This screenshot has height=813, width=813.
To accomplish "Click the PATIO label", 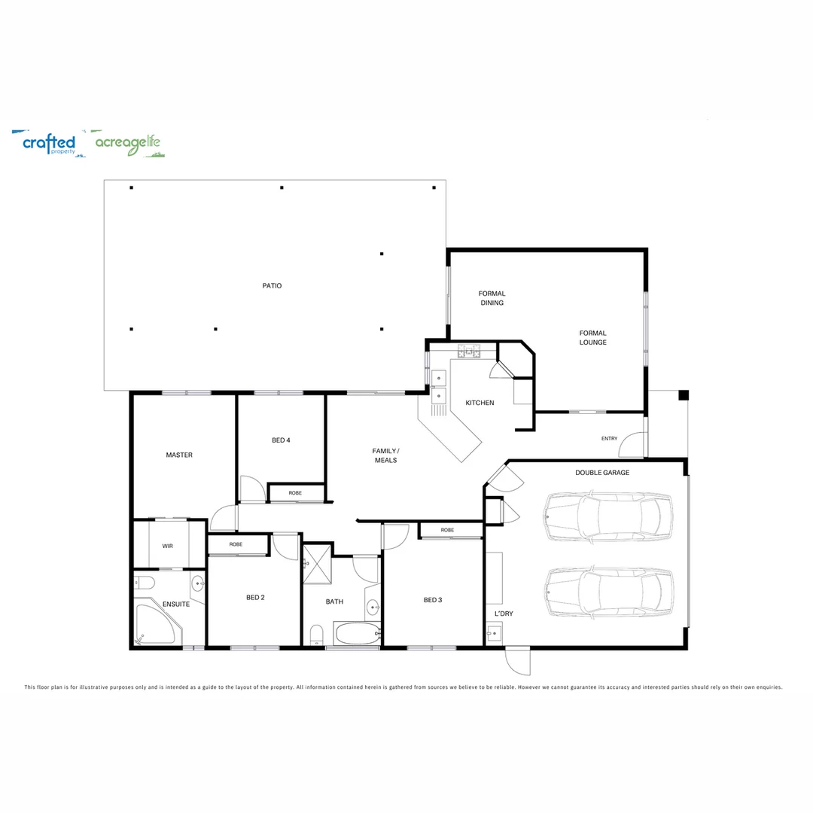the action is click(x=272, y=286).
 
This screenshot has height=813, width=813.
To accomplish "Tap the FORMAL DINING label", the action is click(x=492, y=298).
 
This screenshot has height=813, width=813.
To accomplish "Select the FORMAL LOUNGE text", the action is click(x=592, y=337).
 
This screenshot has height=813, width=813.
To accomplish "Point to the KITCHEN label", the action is click(x=480, y=403).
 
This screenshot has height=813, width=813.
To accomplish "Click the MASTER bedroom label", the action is click(x=179, y=455).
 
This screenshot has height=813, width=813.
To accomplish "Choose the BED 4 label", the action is click(x=281, y=440).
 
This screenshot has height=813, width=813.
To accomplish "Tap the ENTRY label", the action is click(x=609, y=439).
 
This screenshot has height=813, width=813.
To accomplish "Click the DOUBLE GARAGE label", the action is click(x=602, y=472).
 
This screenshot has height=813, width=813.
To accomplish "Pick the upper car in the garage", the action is click(x=607, y=516).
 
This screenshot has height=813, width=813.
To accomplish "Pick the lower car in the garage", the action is click(x=609, y=592).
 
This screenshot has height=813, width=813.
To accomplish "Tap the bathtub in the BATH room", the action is click(x=358, y=633).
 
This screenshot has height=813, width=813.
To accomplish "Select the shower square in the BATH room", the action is click(x=318, y=564).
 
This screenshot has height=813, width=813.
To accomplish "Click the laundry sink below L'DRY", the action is click(x=494, y=633).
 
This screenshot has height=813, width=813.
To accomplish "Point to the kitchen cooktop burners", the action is click(x=469, y=352).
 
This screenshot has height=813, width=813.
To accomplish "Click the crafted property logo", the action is click(x=49, y=143).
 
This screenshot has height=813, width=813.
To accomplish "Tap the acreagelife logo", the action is click(x=128, y=143).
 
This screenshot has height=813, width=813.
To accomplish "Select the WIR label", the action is click(x=167, y=546).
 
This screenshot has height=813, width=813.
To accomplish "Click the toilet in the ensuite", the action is click(x=145, y=583).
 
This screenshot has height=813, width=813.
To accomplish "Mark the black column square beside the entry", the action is click(x=684, y=395).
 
